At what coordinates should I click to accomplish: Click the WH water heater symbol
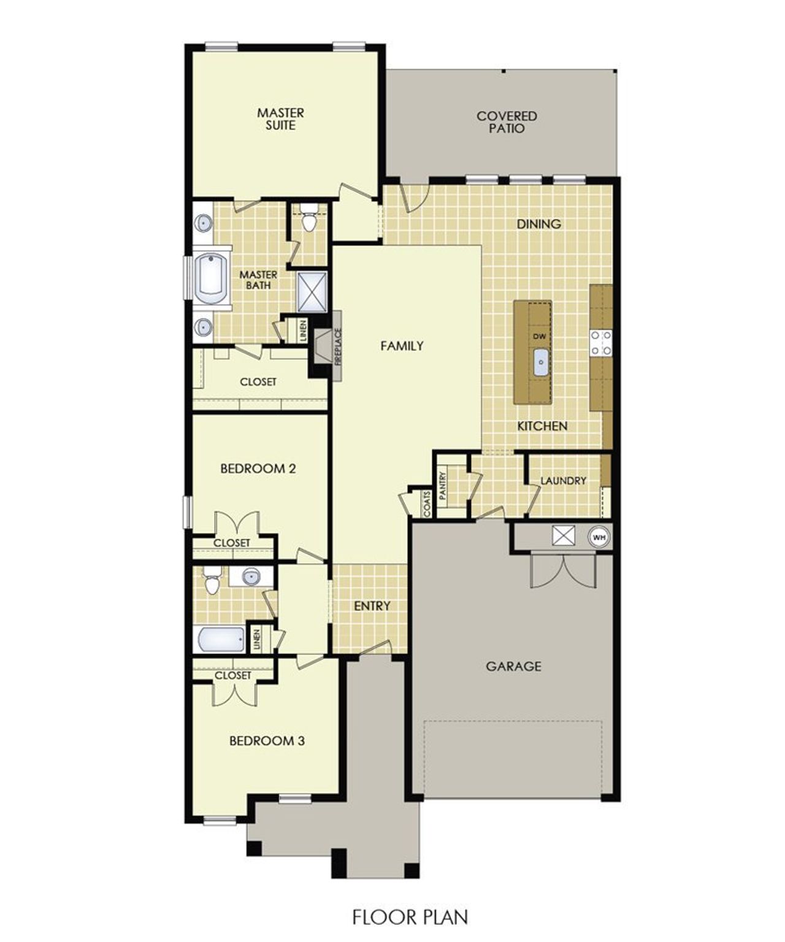tap(599, 537)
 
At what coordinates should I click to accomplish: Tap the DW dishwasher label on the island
tap(540, 336)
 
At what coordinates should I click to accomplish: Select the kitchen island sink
tap(540, 362)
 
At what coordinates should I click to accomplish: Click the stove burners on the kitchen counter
tap(600, 343)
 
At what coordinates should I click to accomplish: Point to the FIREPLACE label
tap(338, 347)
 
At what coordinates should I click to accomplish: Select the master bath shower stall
tap(312, 291)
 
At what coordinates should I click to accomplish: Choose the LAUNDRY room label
tap(563, 481)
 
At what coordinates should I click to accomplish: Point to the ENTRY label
tap(372, 606)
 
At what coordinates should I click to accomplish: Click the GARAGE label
tap(513, 666)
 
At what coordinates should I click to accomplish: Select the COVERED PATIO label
tap(507, 122)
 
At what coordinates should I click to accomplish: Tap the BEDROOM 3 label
tap(267, 741)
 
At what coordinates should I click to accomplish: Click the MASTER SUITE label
tap(280, 119)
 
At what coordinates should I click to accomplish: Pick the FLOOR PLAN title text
tap(410, 917)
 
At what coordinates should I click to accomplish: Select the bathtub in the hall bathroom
tap(221, 639)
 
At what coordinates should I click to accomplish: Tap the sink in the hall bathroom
tap(250, 576)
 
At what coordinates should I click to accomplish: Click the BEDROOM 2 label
tap(258, 469)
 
